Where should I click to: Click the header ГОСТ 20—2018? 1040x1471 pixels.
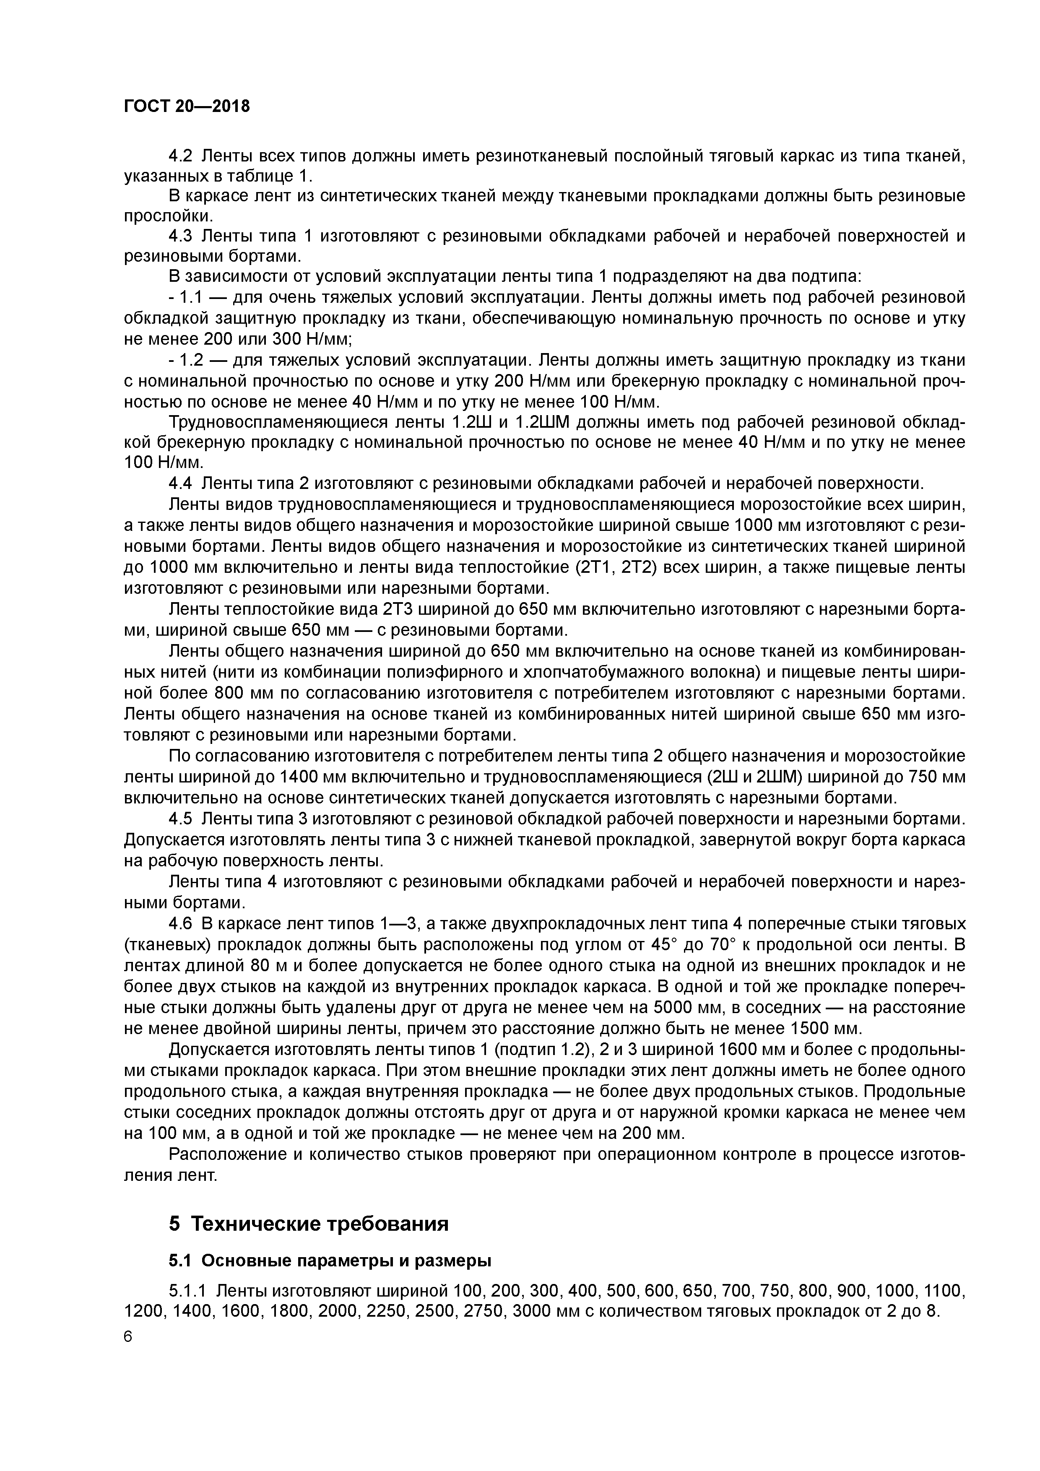187,107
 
